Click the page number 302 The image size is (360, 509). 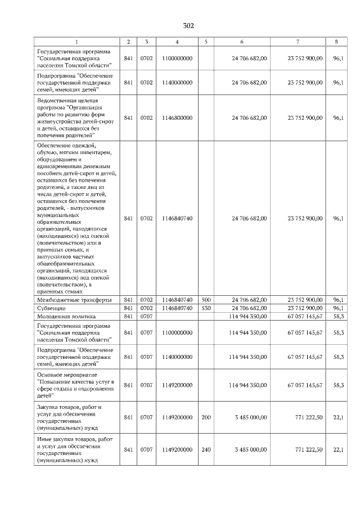tap(188, 26)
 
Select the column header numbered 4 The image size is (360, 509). tap(177, 42)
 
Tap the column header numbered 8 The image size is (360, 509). tap(336, 42)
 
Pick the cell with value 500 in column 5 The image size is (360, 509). tap(206, 300)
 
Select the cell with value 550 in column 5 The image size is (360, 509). tap(206, 308)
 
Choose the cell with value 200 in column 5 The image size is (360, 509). tap(206, 418)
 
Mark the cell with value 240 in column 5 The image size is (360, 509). tap(206, 449)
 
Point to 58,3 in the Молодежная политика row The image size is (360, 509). tap(338, 317)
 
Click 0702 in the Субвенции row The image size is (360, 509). tap(146, 308)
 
